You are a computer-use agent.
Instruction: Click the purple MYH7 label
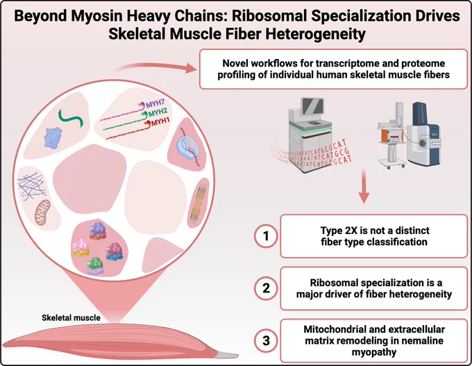155,104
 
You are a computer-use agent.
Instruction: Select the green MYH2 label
158,113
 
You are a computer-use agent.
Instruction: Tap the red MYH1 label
160,122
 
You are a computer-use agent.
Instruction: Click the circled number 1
266,236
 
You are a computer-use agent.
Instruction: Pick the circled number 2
266,288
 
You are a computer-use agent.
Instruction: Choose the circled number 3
266,341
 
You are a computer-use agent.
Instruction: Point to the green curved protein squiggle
71,118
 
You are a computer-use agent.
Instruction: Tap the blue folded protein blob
53,138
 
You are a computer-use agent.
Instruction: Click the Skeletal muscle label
71,317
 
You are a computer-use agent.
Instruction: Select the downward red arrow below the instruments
364,186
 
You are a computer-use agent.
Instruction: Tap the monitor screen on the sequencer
313,107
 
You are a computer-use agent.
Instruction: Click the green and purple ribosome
95,266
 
